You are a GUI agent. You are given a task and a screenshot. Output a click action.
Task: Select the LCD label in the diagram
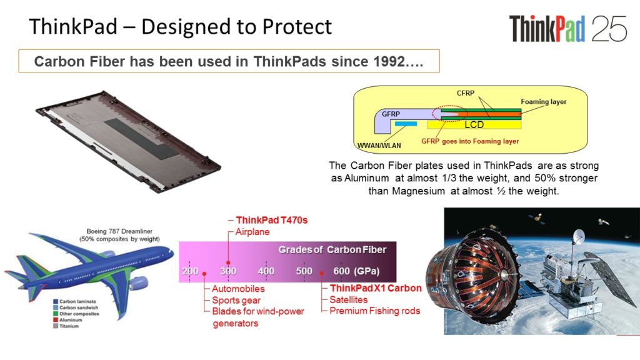tap(474, 124)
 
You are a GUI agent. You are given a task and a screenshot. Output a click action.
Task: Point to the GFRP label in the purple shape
tap(391, 114)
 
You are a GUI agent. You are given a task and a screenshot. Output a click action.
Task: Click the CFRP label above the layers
tap(465, 93)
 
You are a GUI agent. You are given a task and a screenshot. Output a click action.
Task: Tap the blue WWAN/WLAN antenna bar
tap(406, 124)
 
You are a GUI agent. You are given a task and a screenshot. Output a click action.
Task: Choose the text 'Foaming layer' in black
tap(543, 102)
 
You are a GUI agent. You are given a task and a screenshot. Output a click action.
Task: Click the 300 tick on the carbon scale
tap(228, 271)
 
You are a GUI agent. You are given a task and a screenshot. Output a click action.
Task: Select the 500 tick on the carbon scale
tap(304, 271)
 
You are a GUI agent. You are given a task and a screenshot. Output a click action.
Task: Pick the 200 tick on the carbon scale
tap(190, 271)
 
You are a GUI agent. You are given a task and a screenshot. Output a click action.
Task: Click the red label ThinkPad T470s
tap(271, 221)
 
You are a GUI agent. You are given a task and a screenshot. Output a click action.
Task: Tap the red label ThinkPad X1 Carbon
tap(376, 288)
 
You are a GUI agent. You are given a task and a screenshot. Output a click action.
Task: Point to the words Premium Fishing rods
tap(375, 311)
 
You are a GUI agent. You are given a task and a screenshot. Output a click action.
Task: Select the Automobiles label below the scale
tap(238, 289)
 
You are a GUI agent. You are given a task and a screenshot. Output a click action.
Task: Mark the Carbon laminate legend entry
tap(74, 301)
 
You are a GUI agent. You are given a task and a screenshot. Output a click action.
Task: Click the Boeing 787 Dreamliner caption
tap(119, 231)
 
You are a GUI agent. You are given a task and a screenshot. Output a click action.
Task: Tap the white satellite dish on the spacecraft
tap(578, 236)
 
